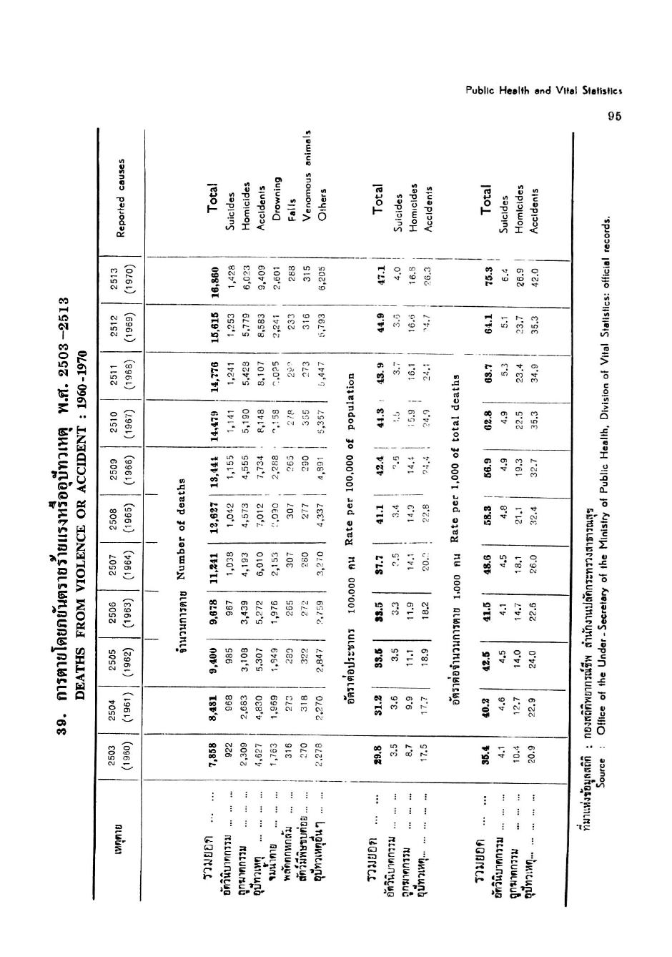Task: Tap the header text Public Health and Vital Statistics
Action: (x=544, y=91)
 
